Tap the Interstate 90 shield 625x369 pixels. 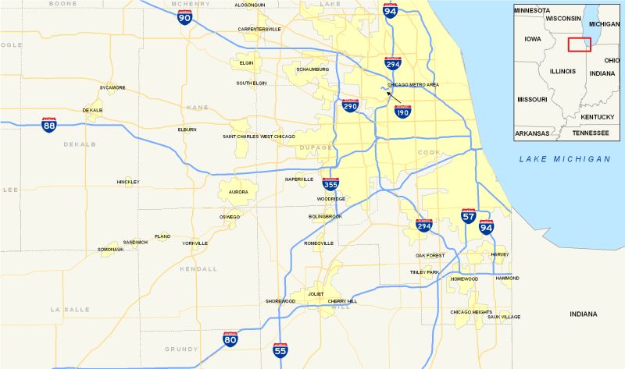[184, 16]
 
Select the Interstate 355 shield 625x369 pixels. [331, 184]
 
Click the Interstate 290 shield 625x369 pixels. [350, 105]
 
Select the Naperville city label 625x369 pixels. [299, 179]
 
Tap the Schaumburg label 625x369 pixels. [312, 69]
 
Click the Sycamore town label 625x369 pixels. [112, 87]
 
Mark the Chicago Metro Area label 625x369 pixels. [413, 84]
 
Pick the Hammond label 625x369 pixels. [507, 278]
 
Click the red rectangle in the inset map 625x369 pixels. [580, 44]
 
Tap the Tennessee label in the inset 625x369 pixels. [590, 133]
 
